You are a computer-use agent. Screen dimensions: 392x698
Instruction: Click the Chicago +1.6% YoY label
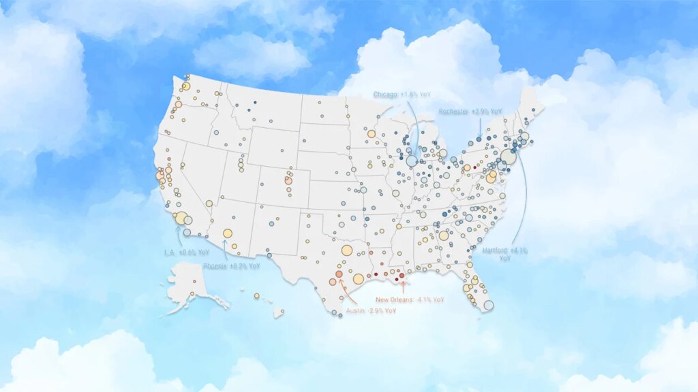[399, 95]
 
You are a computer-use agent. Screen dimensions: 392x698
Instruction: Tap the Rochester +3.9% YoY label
[470, 111]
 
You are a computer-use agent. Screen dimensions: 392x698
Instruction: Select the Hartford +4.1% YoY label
[505, 254]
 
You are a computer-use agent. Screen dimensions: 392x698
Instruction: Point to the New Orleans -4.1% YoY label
[410, 299]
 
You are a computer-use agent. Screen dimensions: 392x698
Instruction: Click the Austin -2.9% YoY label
[371, 310]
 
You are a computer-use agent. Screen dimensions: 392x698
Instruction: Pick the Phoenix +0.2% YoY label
[231, 266]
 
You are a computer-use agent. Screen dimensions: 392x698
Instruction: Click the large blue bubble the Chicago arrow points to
[412, 161]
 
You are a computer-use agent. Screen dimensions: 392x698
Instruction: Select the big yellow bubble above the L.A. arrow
[181, 218]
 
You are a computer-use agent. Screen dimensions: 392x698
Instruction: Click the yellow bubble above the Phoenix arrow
[228, 233]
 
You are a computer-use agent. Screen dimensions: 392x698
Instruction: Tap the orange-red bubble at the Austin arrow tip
[339, 274]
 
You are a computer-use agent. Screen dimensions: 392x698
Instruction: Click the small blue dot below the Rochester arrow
[479, 139]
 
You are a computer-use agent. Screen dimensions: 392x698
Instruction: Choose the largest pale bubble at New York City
[509, 157]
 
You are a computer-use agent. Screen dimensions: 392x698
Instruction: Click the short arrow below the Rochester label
[480, 125]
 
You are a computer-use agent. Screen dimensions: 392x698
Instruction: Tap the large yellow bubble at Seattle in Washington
[185, 86]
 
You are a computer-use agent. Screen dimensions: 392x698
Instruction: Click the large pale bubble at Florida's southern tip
[489, 306]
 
